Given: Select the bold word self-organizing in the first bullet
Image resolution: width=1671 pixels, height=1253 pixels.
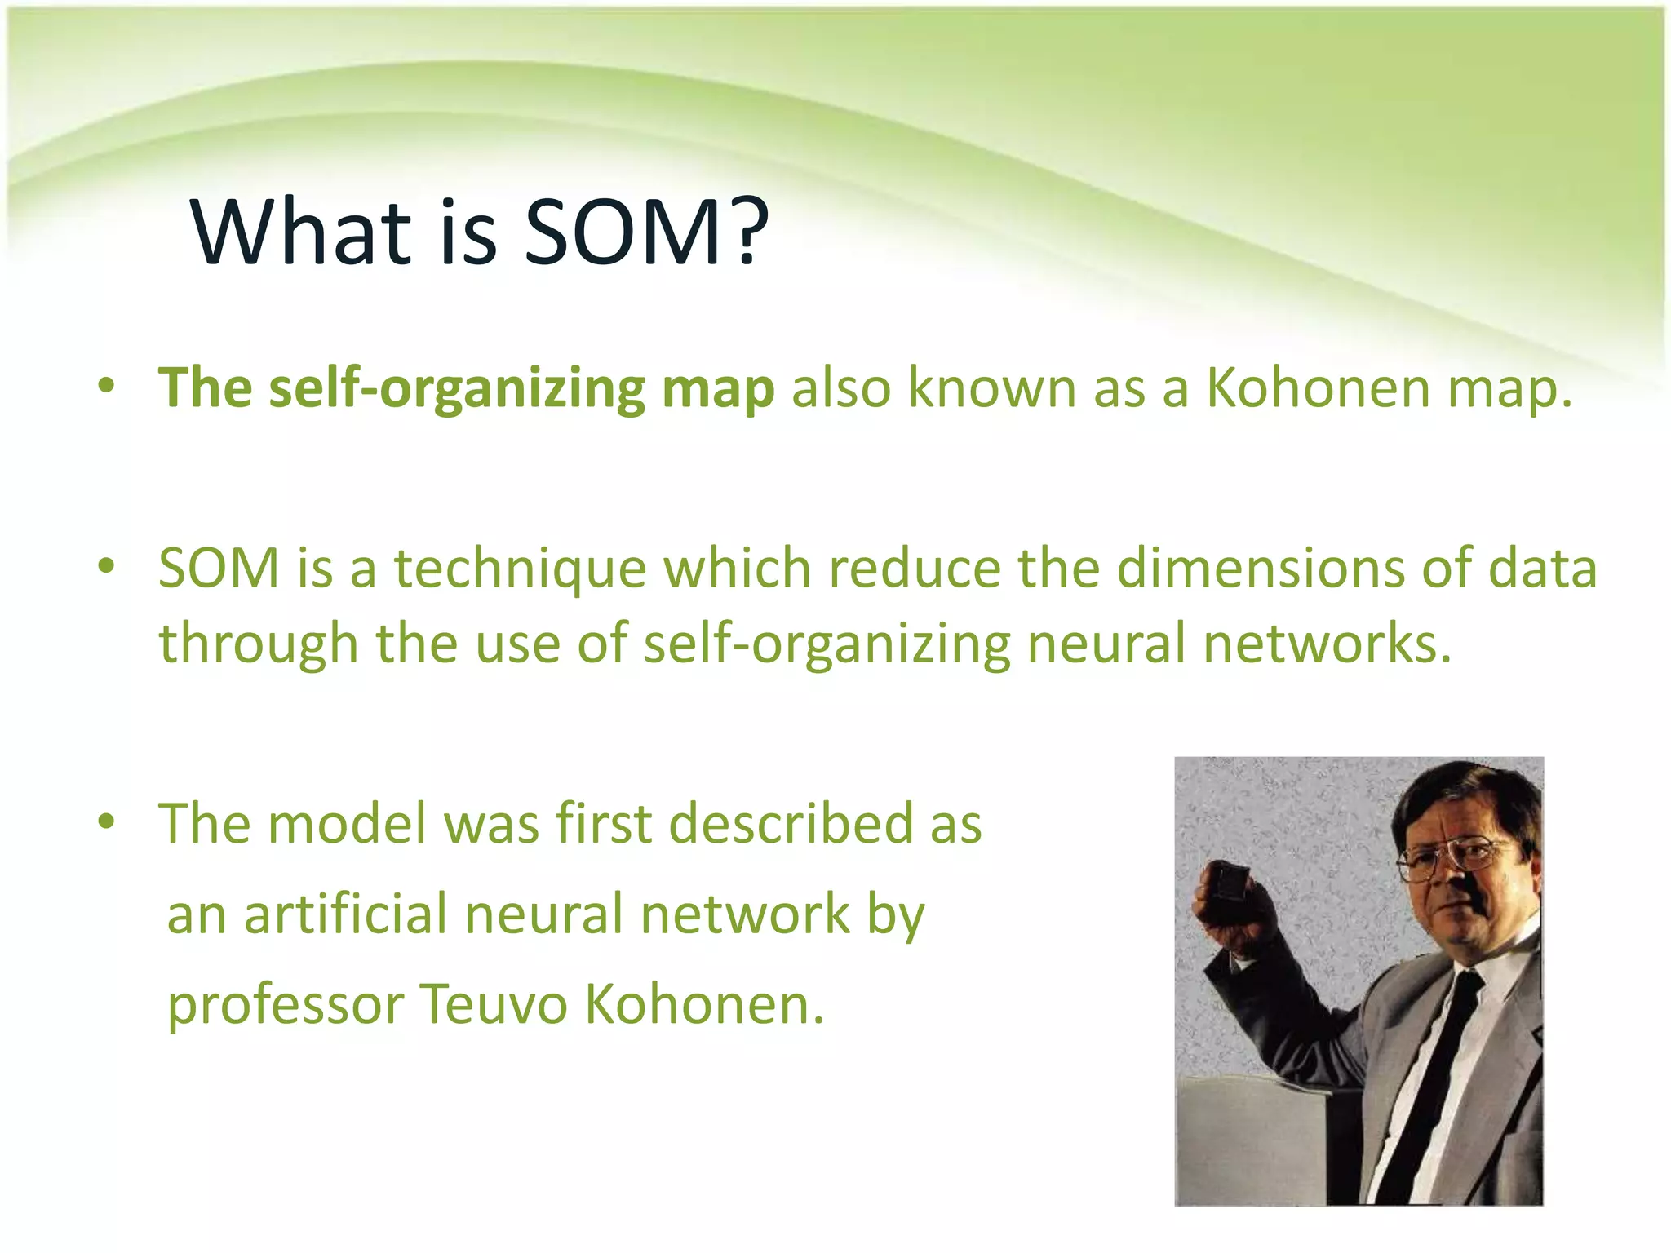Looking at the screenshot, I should click(456, 389).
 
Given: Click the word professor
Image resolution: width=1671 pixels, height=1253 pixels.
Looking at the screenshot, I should click(286, 1005).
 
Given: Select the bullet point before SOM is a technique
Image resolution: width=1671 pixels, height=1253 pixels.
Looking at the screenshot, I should click(106, 565).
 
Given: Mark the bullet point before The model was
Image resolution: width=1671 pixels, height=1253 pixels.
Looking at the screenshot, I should click(106, 821).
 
